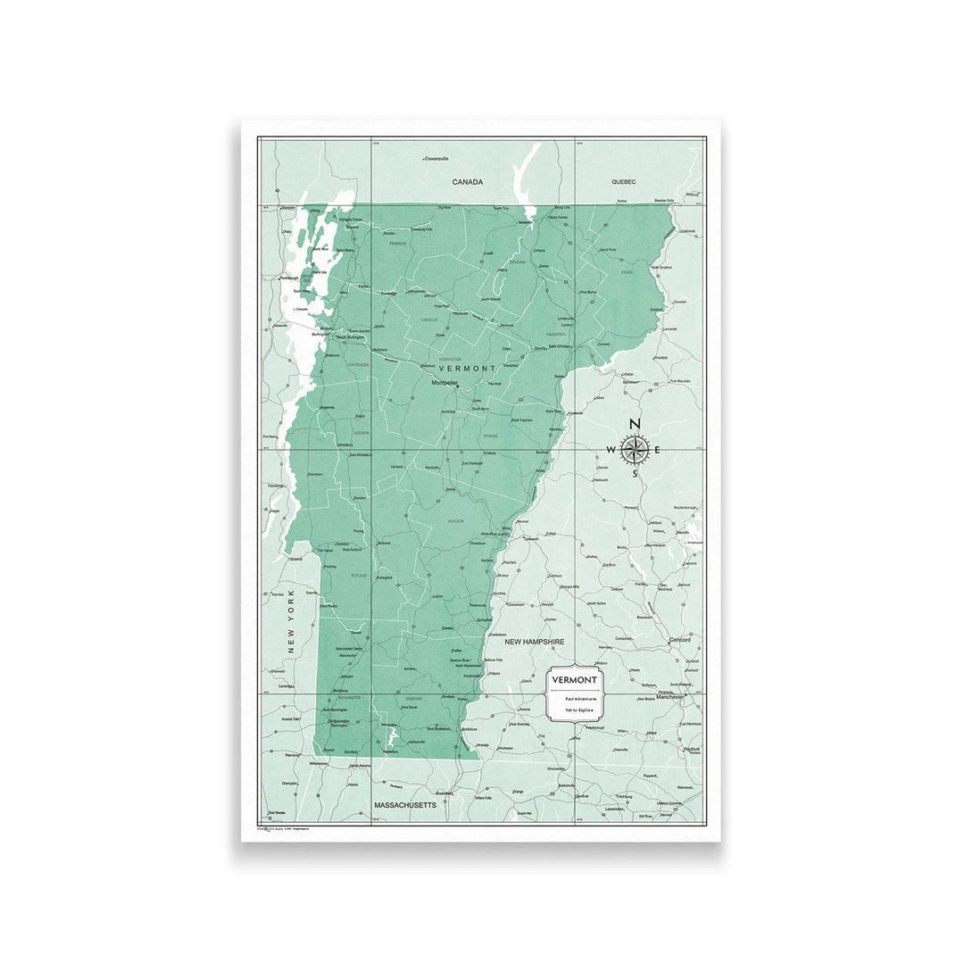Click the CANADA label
pos(467,182)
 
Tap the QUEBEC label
pos(623,181)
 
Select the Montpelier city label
pos(445,383)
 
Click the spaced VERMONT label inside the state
pos(467,368)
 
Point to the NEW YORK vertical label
pos(291,621)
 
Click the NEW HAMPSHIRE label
pos(535,642)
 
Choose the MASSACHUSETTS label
pos(405,804)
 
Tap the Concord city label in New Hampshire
pos(679,640)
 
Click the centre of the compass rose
pos(635,449)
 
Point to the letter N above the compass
pos(635,424)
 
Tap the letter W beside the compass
pos(611,449)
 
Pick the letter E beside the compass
pos(658,449)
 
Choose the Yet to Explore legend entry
pos(576,710)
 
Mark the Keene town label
pos(525,710)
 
